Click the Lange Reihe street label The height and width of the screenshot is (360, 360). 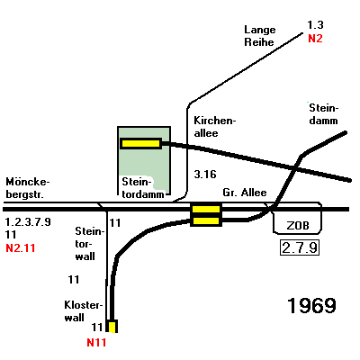(259, 36)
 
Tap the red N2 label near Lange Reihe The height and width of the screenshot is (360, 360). (315, 39)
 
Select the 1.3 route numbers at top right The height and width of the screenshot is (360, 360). (315, 25)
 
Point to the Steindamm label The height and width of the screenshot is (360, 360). (323, 114)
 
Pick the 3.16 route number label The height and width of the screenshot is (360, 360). (205, 175)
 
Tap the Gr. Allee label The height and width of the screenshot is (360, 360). (245, 193)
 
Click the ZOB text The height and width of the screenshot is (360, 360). (298, 225)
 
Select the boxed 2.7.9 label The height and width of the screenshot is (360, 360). (300, 247)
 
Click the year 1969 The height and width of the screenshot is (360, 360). (311, 306)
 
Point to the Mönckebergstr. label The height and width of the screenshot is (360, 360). (28, 188)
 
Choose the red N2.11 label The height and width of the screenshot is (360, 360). (21, 248)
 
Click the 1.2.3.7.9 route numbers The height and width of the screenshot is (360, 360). (28, 222)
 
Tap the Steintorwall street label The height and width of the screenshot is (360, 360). (89, 244)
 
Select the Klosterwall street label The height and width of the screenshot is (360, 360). (84, 311)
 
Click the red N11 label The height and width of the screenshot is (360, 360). (96, 343)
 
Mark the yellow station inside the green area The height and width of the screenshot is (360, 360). (141, 144)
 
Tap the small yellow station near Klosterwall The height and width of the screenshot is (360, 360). (112, 327)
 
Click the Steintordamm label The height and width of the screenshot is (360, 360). (143, 188)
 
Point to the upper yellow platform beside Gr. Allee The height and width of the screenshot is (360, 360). (206, 209)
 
